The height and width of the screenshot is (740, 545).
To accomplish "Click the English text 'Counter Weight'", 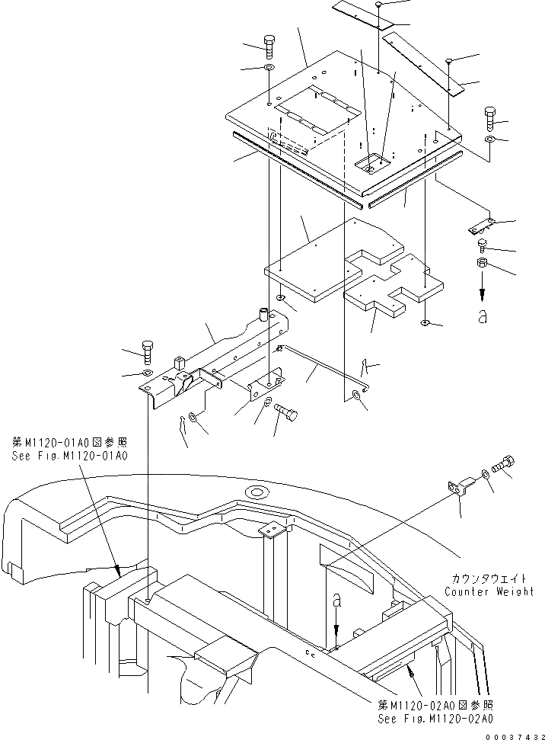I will (x=489, y=591).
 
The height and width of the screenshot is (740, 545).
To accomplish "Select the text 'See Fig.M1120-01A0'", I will (x=69, y=456).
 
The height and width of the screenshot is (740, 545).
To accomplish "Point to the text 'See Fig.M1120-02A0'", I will (x=435, y=719).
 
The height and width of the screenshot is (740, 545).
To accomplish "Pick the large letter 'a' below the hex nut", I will (x=481, y=316).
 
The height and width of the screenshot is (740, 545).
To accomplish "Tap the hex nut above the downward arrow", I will (x=481, y=264).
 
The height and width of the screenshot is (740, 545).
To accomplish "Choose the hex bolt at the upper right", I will (x=489, y=120).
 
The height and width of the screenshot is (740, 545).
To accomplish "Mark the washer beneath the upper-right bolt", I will (x=489, y=141).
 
